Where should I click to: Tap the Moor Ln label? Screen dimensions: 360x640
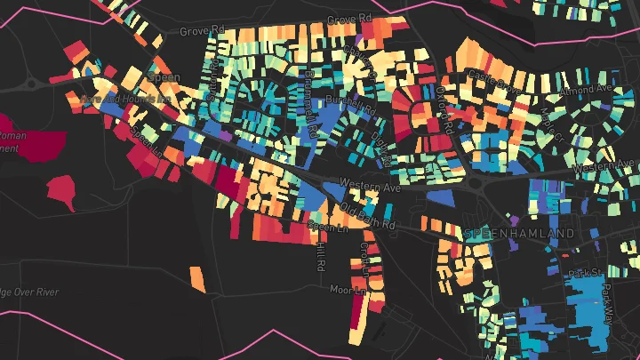[x=348, y=290]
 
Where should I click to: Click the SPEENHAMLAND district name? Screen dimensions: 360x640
[x=520, y=233]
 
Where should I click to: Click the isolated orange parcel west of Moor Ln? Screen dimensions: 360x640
[x=198, y=278]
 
